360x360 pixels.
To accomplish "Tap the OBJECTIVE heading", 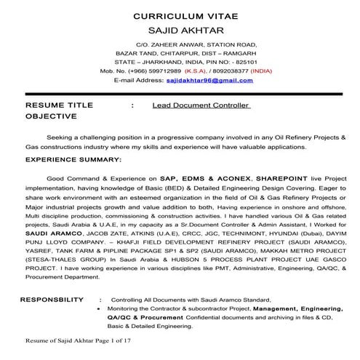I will (50, 116).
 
